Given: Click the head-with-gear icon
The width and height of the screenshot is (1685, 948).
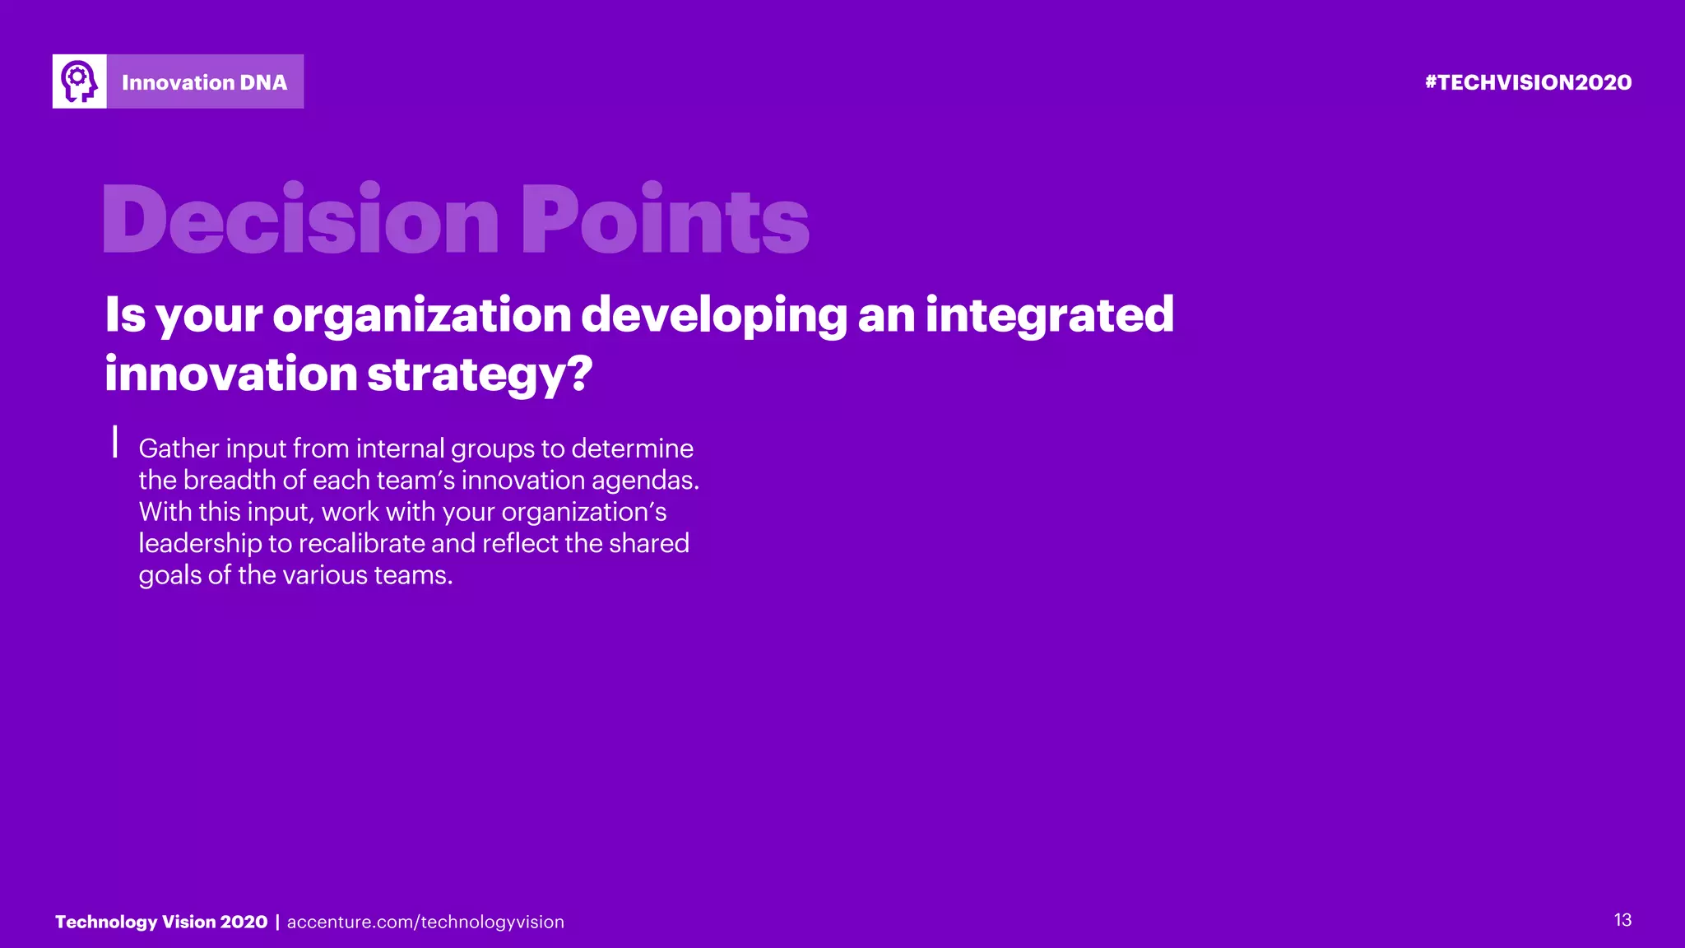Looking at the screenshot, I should (x=80, y=81).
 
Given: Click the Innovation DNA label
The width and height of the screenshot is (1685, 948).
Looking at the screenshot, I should (x=204, y=82).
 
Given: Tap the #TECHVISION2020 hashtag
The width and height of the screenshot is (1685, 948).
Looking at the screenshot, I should (x=1528, y=82).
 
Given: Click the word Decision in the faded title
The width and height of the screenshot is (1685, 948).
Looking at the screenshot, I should (x=300, y=220).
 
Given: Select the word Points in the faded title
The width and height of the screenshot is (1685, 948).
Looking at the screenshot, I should (x=665, y=220).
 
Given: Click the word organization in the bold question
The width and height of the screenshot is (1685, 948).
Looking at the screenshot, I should (x=421, y=315).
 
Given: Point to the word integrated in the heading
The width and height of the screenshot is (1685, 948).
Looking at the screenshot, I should (x=1049, y=315).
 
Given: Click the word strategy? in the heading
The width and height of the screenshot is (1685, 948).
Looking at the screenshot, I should (x=479, y=374).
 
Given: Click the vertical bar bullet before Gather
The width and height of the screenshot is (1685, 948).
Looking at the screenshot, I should (x=115, y=441).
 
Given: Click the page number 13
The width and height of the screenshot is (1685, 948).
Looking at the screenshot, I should (x=1622, y=920).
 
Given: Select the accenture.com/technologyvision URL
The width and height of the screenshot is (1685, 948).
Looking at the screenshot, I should (x=425, y=922).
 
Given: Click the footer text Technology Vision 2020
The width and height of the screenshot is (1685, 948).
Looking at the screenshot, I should (x=161, y=922).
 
